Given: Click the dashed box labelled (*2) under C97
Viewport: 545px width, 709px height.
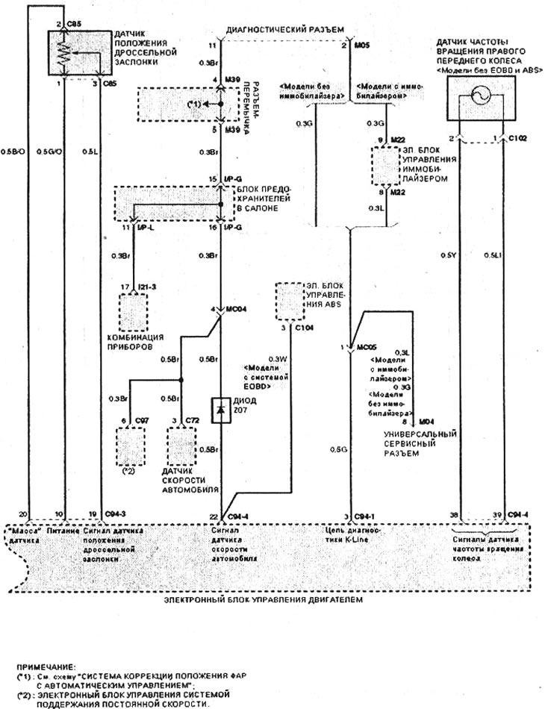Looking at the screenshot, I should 130,446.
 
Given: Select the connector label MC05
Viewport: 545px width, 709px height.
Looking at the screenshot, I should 369,348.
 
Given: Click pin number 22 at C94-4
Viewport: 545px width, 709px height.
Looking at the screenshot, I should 213,516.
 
